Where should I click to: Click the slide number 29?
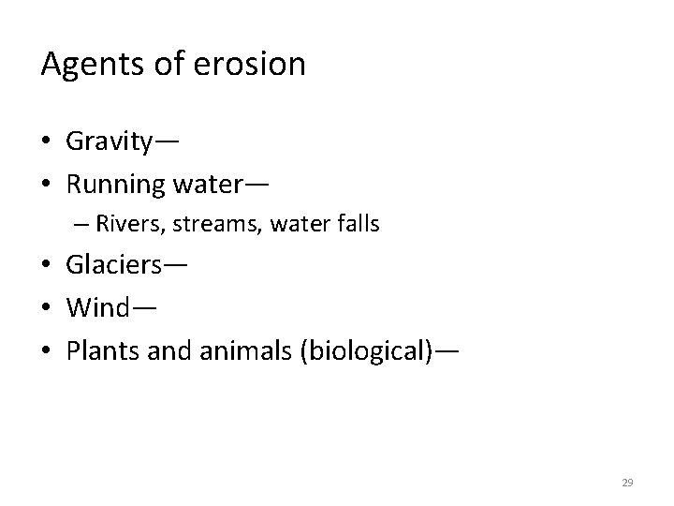(627, 483)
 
